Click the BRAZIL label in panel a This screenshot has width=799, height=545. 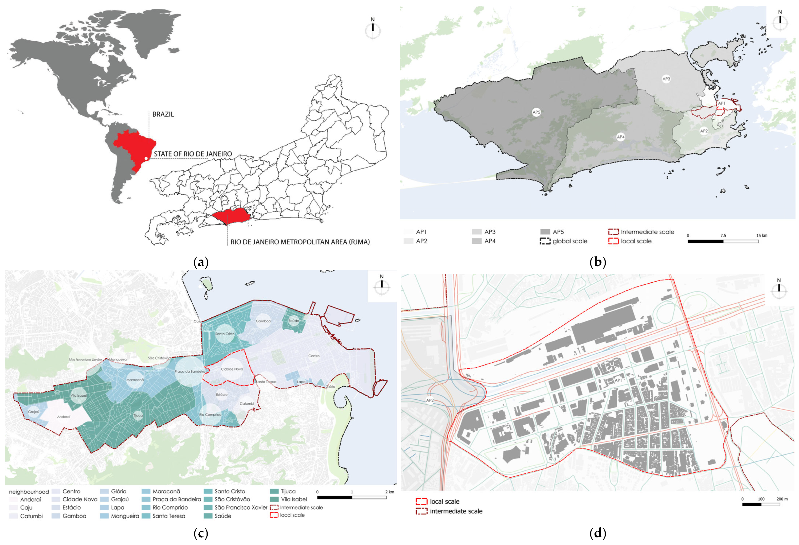(163, 114)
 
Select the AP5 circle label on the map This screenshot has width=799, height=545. (536, 112)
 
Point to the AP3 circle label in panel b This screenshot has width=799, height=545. (666, 79)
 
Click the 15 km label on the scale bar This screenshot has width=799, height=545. (762, 235)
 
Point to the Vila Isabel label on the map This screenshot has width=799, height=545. (78, 395)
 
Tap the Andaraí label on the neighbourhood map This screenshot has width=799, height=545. (64, 417)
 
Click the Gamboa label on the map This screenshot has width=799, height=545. (263, 321)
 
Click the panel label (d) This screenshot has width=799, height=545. (598, 533)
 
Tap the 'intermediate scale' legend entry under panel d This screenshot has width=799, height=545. (456, 511)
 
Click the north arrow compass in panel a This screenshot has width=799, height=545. (373, 30)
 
